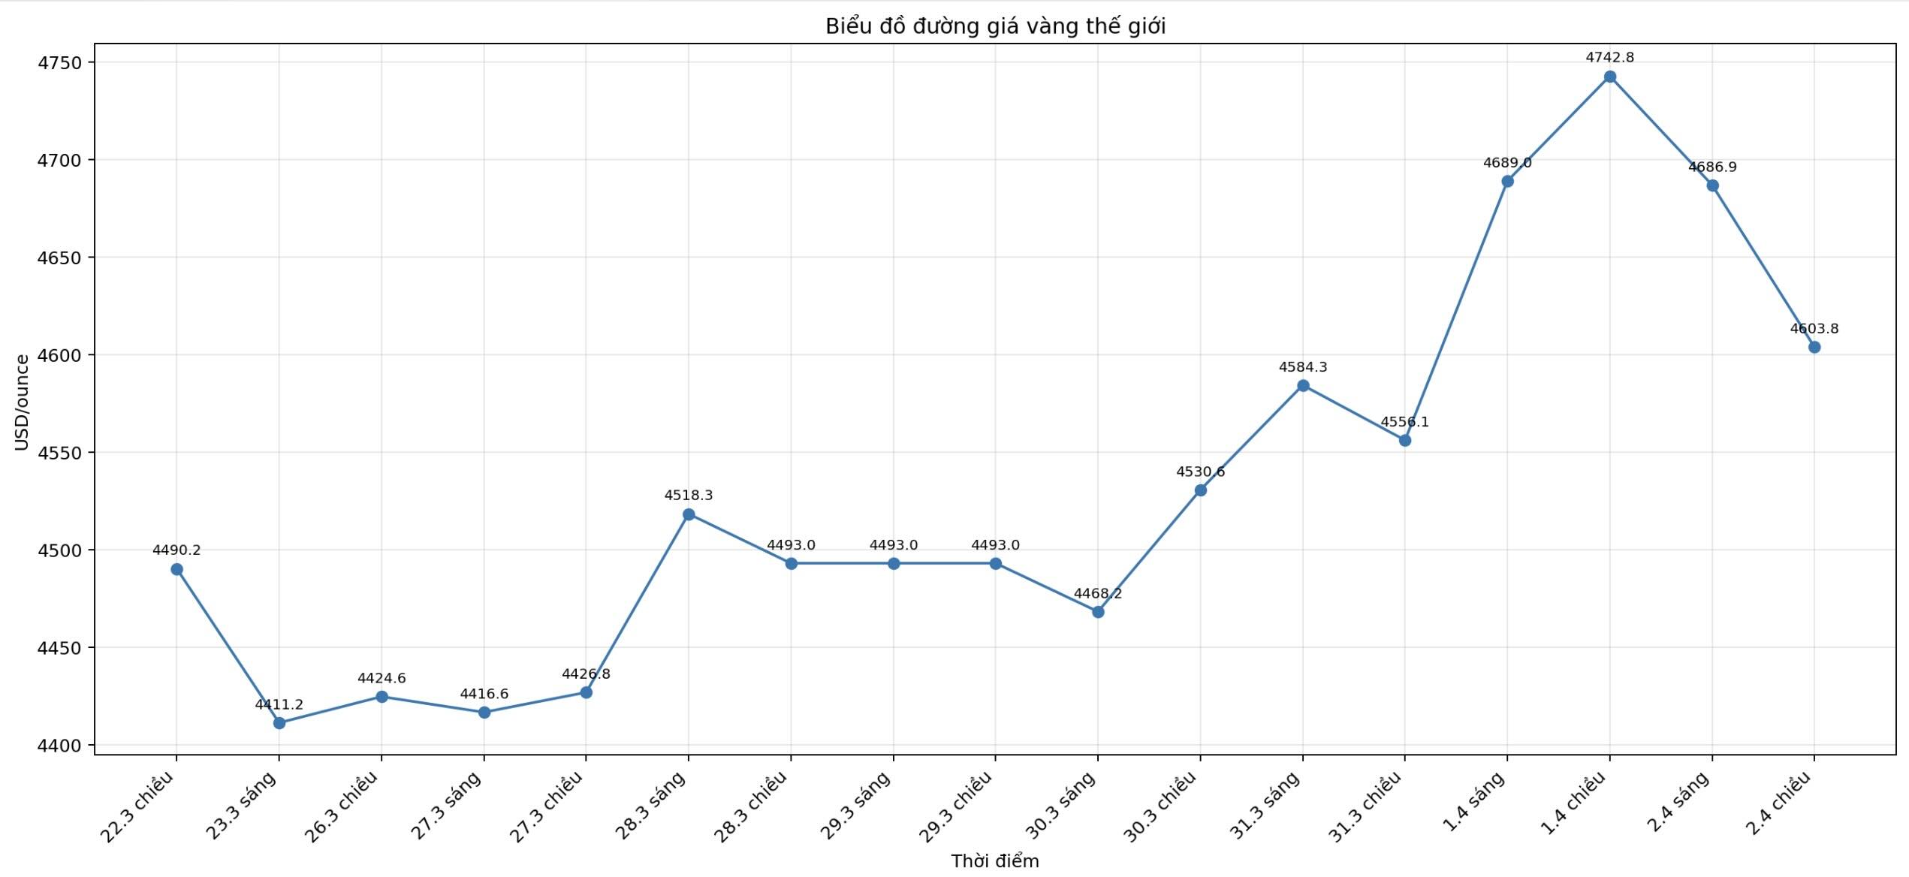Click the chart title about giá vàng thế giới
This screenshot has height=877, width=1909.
click(995, 26)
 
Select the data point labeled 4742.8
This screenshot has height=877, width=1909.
click(1609, 77)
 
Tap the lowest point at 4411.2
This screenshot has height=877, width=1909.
click(279, 723)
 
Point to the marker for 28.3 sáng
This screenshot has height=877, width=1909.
click(689, 514)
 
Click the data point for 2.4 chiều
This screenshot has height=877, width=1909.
click(1814, 347)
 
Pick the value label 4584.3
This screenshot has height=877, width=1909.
click(1303, 367)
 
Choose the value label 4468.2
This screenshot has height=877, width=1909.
click(1098, 593)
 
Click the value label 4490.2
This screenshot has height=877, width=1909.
click(176, 550)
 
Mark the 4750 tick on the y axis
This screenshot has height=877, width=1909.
click(59, 62)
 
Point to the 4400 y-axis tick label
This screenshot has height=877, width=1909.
click(59, 745)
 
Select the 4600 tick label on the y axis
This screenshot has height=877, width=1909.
click(59, 355)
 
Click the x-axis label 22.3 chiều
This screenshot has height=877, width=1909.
click(137, 807)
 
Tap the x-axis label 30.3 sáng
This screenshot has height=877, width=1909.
click(1060, 806)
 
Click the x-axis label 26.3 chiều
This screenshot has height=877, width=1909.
click(342, 807)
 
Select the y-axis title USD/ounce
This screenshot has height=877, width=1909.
click(22, 402)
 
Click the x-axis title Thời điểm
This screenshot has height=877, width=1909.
click(995, 861)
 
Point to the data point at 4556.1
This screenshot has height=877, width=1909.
click(1405, 440)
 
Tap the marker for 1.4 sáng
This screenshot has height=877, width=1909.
click(1507, 181)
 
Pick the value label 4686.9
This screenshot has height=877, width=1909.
click(1712, 167)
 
